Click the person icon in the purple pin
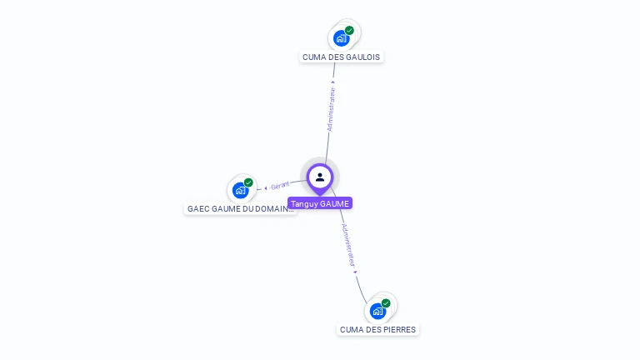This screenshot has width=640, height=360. pos(320,177)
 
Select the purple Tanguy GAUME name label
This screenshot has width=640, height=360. pos(320,203)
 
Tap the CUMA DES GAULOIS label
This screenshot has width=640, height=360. pos(342,57)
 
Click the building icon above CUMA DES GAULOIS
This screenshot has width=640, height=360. pos(340,37)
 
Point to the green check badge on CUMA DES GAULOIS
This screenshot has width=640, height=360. pos(349,30)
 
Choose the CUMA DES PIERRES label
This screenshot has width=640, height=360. pos(378,330)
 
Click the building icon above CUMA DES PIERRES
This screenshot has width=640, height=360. pos(377,311)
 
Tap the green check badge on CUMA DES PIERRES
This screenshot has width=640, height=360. pos(386,303)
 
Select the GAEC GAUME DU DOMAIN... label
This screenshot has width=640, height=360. pos(240,209)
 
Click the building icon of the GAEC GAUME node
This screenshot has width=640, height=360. pos(240,190)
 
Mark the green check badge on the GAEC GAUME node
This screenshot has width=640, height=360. pos(248,182)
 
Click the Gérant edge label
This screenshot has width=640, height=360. pos(280,185)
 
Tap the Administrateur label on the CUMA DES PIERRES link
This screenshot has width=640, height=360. pos(348,245)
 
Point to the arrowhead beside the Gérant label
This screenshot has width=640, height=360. pos(266,187)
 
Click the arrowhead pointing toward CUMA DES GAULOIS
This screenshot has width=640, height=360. pos(334,82)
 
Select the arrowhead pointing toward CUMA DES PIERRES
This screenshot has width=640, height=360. pos(356,272)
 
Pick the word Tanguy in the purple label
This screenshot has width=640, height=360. pos(305,203)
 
